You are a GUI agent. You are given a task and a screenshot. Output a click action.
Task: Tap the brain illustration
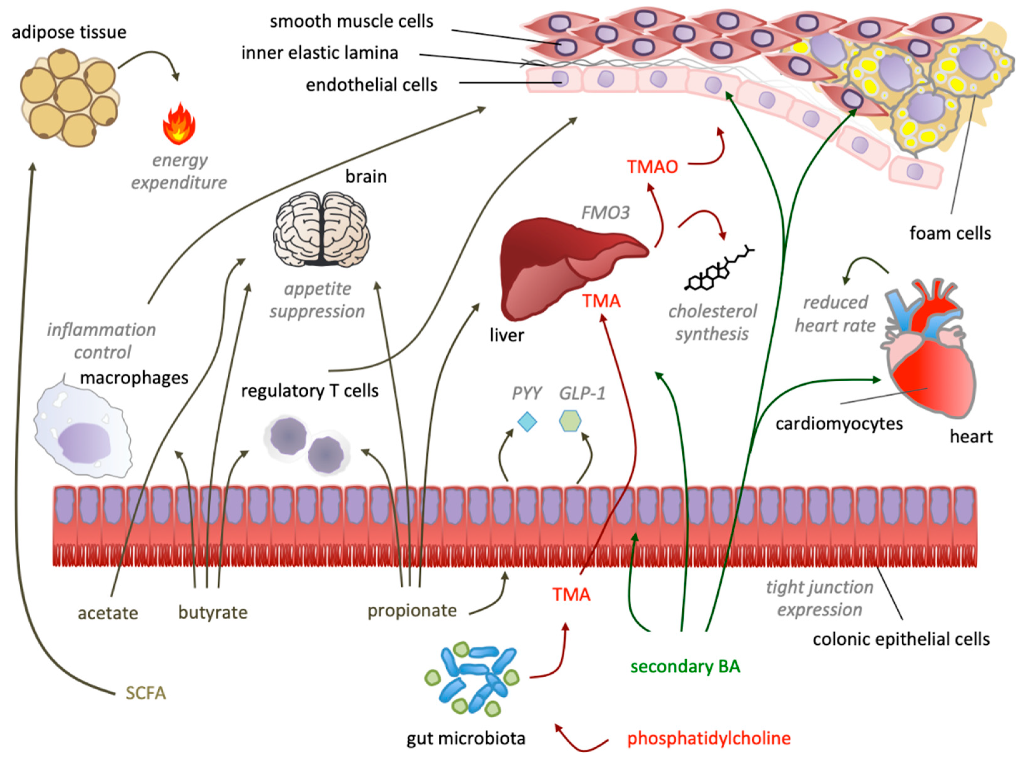click(322, 229)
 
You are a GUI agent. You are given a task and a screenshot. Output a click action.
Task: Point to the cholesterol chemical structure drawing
click(719, 268)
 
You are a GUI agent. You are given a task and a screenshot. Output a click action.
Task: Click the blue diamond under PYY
click(527, 422)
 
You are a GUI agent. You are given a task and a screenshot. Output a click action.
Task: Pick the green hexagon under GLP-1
click(571, 421)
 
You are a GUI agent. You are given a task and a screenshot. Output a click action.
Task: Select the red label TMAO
click(652, 167)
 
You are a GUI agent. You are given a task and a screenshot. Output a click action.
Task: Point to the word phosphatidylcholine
click(709, 738)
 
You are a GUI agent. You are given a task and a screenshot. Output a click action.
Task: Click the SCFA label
click(146, 693)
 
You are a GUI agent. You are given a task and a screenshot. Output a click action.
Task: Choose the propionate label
click(412, 611)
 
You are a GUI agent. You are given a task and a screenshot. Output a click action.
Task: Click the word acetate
click(108, 613)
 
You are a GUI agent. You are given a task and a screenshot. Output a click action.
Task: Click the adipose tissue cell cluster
click(70, 98)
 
